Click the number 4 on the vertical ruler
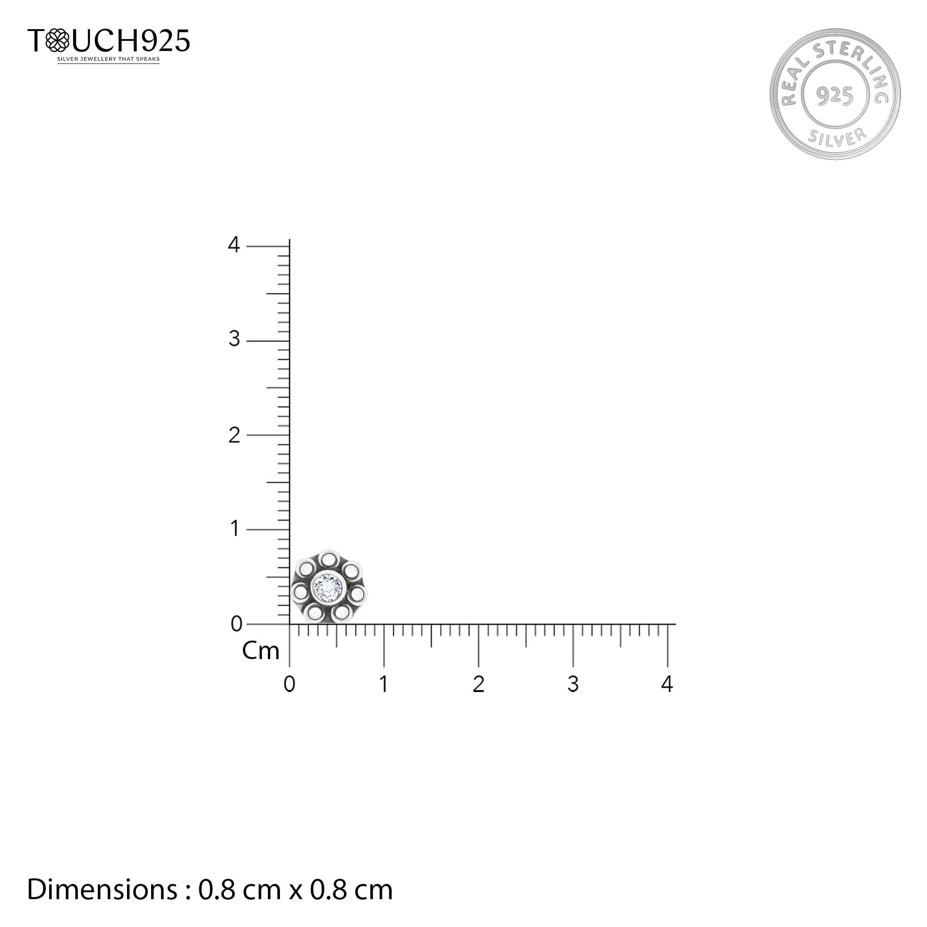(x=234, y=245)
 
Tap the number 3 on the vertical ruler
(x=234, y=339)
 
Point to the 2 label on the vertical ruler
(x=234, y=435)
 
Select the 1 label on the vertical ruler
(x=234, y=529)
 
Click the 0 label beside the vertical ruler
(x=236, y=624)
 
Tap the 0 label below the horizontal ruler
(x=289, y=684)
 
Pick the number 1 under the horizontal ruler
(x=383, y=684)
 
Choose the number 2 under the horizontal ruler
(x=478, y=684)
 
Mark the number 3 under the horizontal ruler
(x=572, y=684)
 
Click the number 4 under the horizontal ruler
(x=667, y=684)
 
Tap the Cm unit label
(x=260, y=651)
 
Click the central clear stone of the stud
(x=328, y=586)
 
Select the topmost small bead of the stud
(x=328, y=559)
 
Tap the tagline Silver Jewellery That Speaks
(x=108, y=59)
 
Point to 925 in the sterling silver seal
(x=834, y=95)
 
